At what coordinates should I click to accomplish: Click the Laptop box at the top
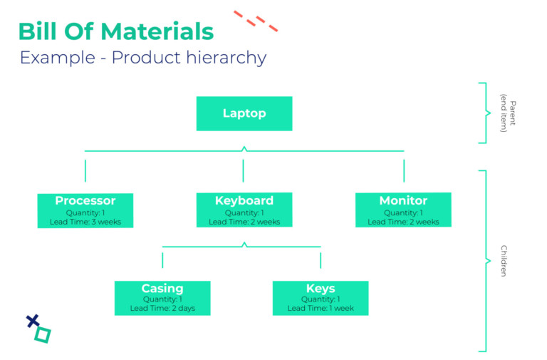point(244,113)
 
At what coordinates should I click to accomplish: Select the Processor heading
point(85,200)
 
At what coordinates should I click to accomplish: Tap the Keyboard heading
point(244,200)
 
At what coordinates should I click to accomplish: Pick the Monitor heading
point(403,200)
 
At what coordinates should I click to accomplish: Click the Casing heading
point(162,289)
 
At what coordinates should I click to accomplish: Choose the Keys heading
point(321,289)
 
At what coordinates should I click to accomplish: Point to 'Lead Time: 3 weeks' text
point(85,222)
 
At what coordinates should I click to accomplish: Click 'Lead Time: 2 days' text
point(162,309)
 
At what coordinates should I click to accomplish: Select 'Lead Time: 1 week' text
point(321,309)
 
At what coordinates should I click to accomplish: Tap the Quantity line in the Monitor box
point(403,212)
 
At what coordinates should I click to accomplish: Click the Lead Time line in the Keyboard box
point(244,222)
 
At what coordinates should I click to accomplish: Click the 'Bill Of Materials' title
point(115,31)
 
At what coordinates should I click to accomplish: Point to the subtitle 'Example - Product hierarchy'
point(142,58)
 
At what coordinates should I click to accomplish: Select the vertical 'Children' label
point(504,261)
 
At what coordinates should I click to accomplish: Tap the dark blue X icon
point(32,321)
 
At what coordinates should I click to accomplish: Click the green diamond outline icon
point(43,334)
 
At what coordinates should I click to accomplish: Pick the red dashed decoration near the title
point(256,21)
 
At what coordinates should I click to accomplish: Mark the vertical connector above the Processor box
point(85,171)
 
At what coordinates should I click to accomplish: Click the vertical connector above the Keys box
point(321,260)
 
